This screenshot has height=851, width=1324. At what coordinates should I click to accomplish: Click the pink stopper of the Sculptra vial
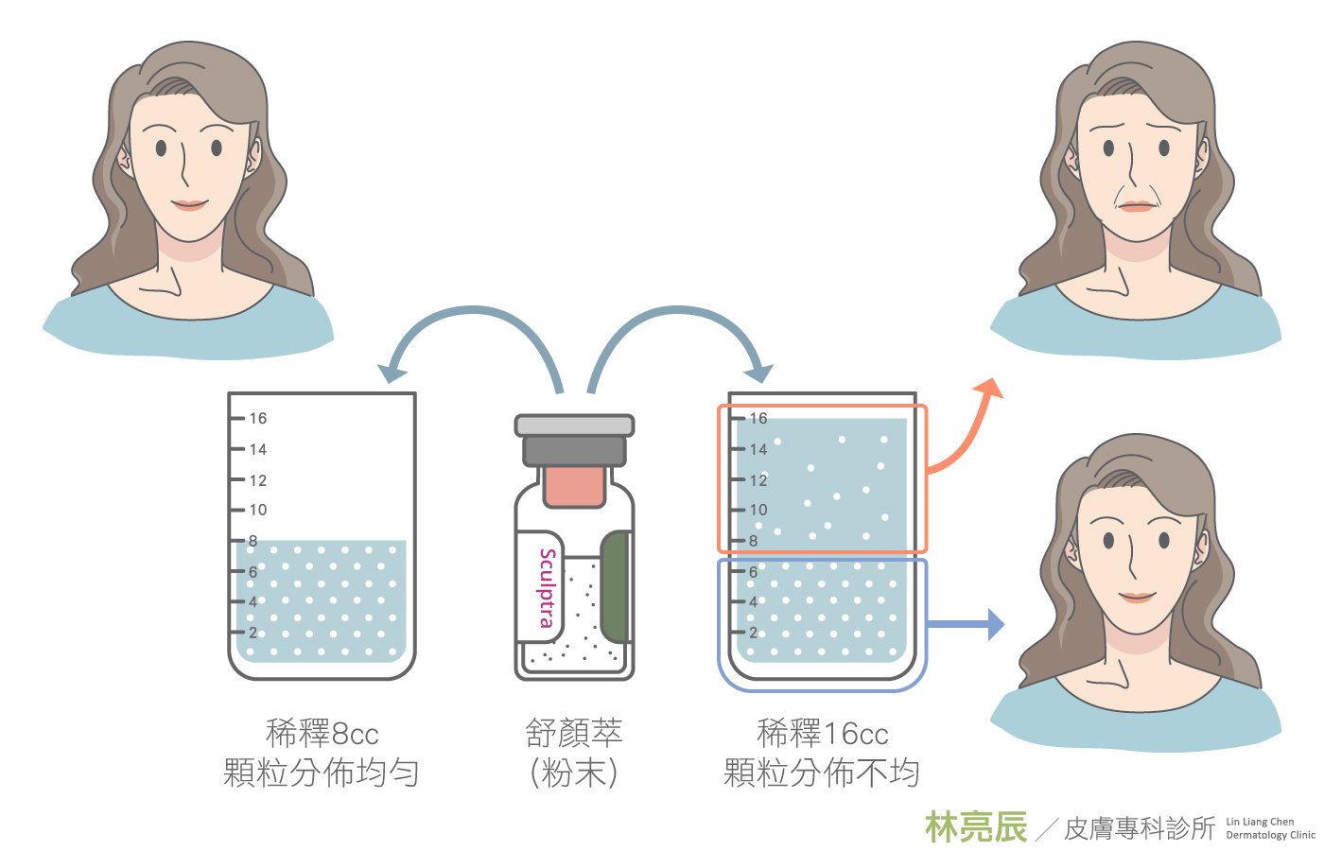pyautogui.click(x=574, y=484)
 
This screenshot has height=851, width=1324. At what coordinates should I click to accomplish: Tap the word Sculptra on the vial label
pyautogui.click(x=547, y=587)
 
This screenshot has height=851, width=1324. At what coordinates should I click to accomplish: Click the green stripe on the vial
pyautogui.click(x=615, y=586)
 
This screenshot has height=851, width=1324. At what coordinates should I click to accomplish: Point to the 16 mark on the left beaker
pyautogui.click(x=257, y=418)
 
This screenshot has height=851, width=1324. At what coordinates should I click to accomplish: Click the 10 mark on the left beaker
pyautogui.click(x=257, y=510)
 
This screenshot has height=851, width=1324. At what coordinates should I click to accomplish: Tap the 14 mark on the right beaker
pyautogui.click(x=758, y=449)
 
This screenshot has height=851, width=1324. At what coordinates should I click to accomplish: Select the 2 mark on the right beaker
pyautogui.click(x=753, y=633)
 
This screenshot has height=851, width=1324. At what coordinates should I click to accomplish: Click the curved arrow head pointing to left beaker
pyautogui.click(x=391, y=372)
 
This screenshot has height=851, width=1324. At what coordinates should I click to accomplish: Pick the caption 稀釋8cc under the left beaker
pyautogui.click(x=322, y=733)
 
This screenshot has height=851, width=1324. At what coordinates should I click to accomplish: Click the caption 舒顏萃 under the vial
pyautogui.click(x=574, y=733)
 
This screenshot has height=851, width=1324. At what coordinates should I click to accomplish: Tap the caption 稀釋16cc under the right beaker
pyautogui.click(x=823, y=733)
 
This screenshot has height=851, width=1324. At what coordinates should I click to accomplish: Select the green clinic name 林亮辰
pyautogui.click(x=976, y=827)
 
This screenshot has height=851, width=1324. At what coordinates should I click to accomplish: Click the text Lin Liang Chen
pyautogui.click(x=1260, y=822)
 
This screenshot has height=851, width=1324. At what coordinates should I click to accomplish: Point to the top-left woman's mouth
pyautogui.click(x=189, y=203)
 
